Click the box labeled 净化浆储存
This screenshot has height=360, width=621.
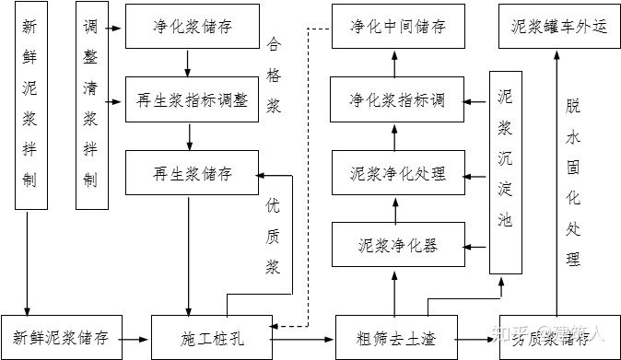(193, 26)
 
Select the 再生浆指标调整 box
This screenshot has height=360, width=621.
(193, 99)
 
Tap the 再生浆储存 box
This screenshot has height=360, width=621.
(193, 173)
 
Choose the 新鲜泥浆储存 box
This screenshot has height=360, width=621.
(62, 337)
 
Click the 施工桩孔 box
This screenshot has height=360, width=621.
(212, 337)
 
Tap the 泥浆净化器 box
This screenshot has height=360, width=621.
(397, 246)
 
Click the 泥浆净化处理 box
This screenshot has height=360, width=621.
(397, 173)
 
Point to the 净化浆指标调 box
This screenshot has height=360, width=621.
(397, 99)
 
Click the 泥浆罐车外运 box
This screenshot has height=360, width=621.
(558, 26)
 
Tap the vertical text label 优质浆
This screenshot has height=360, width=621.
(274, 235)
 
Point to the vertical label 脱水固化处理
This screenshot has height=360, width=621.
(574, 180)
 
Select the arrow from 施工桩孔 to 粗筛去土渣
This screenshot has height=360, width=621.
(303, 338)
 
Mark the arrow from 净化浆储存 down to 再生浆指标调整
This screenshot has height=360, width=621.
(188, 63)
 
